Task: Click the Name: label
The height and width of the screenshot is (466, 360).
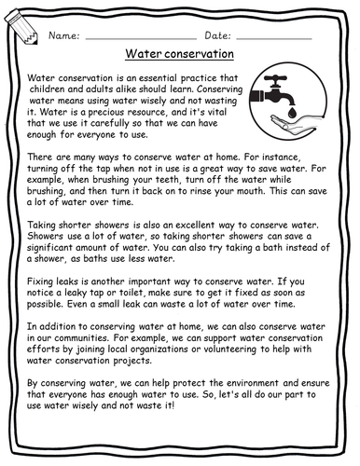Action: (x=62, y=34)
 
